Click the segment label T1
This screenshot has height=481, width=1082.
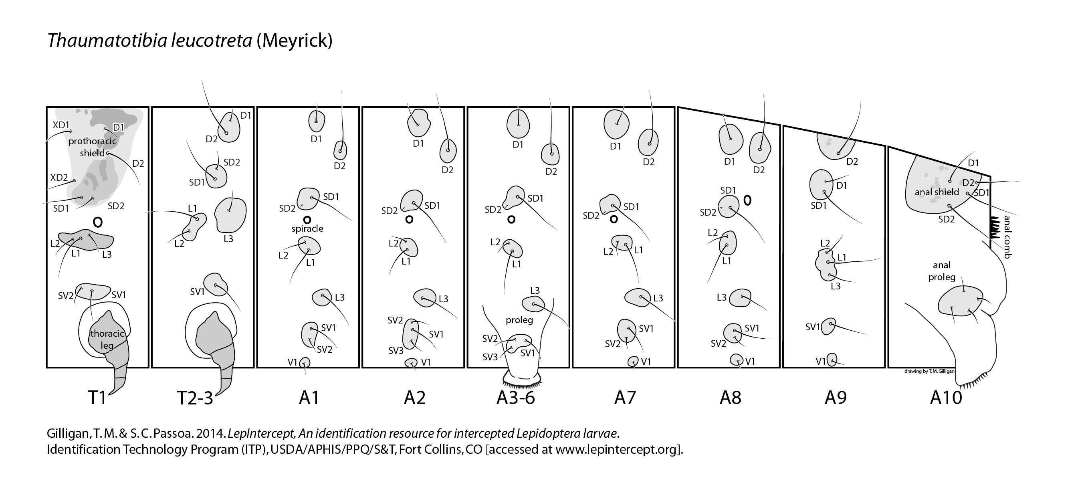click(97, 397)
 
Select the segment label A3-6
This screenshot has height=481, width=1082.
click(515, 397)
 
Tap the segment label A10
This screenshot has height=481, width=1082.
click(946, 397)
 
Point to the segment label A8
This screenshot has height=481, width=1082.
click(731, 397)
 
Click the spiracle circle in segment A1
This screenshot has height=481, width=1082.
click(307, 219)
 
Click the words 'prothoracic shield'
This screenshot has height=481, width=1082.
click(93, 147)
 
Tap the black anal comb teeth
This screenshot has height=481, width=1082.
click(995, 228)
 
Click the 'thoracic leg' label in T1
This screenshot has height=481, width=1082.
click(107, 340)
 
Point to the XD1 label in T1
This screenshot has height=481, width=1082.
click(61, 125)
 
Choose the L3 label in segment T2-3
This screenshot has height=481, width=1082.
click(228, 238)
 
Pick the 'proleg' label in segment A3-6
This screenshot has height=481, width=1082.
click(519, 320)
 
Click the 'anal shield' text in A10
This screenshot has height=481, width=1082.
click(937, 192)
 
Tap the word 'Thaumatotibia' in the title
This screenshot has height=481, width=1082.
click(107, 41)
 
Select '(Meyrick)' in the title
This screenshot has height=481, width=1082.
click(295, 41)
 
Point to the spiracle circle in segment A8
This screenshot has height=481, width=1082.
click(747, 200)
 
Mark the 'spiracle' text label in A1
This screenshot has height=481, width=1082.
click(307, 228)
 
